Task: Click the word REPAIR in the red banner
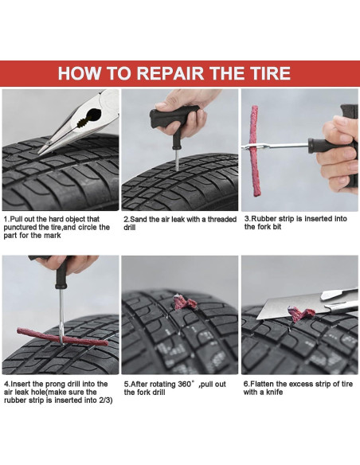point(170,73)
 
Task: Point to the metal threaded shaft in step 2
point(178,160)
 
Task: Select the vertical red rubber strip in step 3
point(254,151)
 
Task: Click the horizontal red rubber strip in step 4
point(62,337)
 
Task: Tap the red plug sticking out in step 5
point(185,302)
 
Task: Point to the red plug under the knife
point(300,315)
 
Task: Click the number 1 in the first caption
point(6,219)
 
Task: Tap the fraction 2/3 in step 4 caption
point(106,400)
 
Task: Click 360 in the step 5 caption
point(185,384)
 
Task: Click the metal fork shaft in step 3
point(276,146)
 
